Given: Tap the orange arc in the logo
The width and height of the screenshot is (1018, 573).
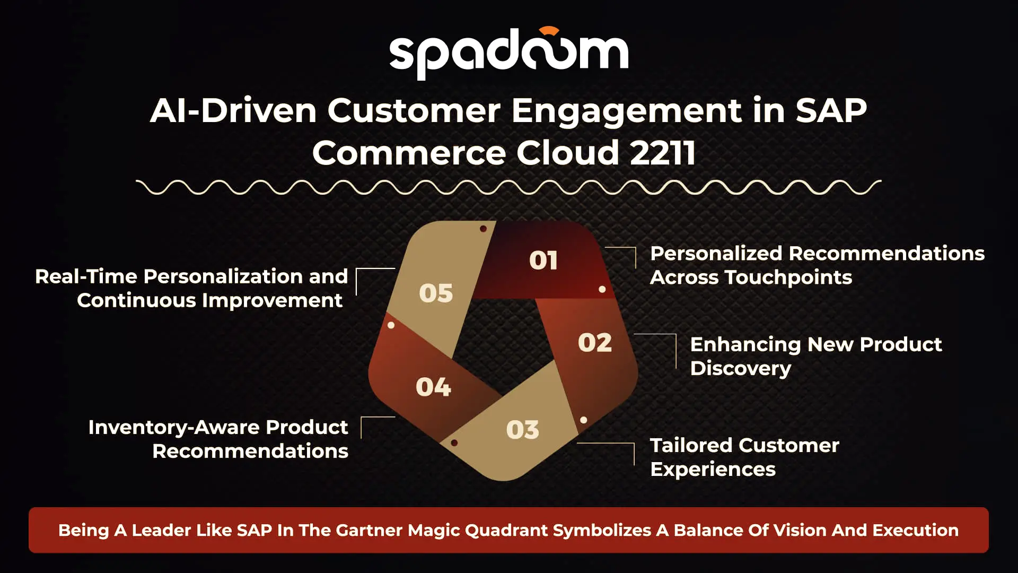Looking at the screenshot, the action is pyautogui.click(x=549, y=31).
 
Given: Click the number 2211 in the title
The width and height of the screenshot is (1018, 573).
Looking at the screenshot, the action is pyautogui.click(x=663, y=153).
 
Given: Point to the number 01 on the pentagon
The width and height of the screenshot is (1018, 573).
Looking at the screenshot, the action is pyautogui.click(x=543, y=261).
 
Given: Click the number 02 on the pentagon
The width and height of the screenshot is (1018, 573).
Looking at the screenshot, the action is pyautogui.click(x=595, y=343).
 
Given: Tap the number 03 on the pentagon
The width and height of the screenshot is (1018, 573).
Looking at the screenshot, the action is pyautogui.click(x=523, y=430).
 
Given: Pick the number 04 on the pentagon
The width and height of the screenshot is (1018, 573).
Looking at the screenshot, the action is pyautogui.click(x=433, y=387).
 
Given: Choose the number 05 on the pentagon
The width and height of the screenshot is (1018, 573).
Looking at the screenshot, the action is pyautogui.click(x=436, y=293).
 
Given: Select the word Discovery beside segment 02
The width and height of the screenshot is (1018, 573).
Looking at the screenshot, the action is pyautogui.click(x=741, y=369).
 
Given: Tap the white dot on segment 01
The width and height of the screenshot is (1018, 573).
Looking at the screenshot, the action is pyautogui.click(x=602, y=289).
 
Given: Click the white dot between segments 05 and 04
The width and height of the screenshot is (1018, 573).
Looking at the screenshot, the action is pyautogui.click(x=391, y=325).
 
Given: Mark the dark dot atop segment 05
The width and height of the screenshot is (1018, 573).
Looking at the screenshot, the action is pyautogui.click(x=483, y=229).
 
